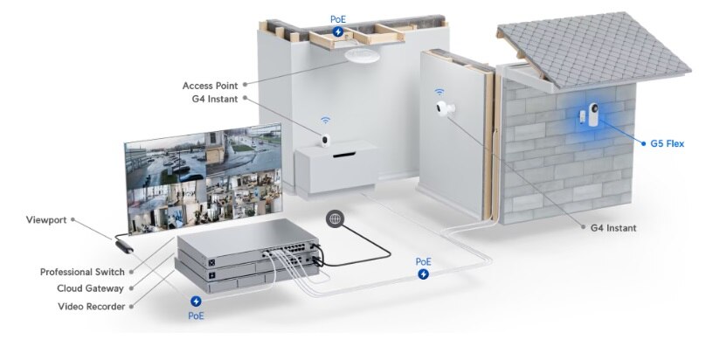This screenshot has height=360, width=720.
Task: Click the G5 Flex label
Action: (668, 143)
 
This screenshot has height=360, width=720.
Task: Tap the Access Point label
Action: (211, 86)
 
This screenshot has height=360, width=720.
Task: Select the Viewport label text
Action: (46, 220)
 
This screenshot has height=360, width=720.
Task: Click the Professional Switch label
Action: (82, 272)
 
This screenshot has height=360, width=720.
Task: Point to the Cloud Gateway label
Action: (90, 288)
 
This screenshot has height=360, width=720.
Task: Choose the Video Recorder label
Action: (92, 307)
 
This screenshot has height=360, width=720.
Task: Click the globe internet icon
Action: (335, 219)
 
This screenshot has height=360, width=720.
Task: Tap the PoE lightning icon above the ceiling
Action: (338, 31)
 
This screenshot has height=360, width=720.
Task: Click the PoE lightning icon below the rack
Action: (196, 301)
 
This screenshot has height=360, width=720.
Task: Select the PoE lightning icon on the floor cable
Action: (424, 274)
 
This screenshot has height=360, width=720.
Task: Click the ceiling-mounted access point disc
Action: (363, 55)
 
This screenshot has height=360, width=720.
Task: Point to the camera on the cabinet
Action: (326, 140)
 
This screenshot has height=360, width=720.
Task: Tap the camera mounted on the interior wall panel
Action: (445, 109)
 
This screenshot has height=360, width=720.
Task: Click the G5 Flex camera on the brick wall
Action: (592, 114)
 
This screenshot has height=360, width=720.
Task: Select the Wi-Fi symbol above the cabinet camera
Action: (326, 121)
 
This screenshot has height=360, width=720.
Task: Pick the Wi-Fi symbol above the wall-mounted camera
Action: (440, 93)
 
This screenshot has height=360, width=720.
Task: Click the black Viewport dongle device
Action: (124, 246)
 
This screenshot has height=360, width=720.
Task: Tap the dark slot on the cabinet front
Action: (344, 156)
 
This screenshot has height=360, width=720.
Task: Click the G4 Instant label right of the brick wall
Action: (613, 228)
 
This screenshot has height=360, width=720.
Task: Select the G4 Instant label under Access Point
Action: (215, 99)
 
